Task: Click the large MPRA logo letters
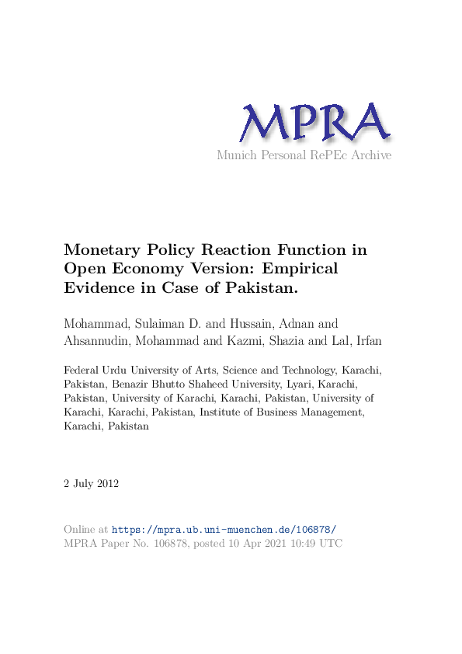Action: [x=314, y=124]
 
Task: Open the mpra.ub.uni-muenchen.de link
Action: [x=224, y=529]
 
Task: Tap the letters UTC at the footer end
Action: [x=331, y=544]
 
